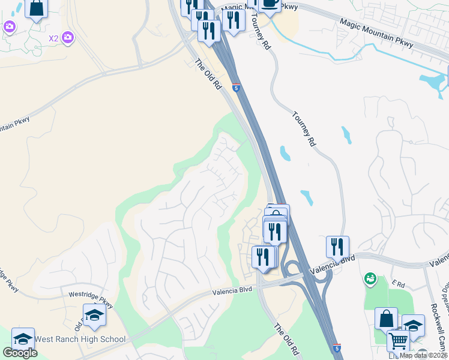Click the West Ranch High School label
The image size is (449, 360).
[x=80, y=340]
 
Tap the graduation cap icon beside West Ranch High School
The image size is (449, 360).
[x=23, y=338]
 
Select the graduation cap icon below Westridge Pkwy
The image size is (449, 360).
[x=94, y=315]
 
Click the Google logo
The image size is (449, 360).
[x=20, y=353]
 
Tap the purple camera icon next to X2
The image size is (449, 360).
[x=68, y=38]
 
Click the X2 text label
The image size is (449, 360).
[x=54, y=38]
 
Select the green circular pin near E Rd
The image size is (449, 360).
[x=370, y=278]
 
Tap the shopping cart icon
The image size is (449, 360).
[x=398, y=341]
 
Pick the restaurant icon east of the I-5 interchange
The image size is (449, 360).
[x=337, y=247]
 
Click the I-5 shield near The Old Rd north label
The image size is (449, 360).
[x=237, y=88]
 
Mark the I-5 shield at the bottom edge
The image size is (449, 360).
[x=337, y=348]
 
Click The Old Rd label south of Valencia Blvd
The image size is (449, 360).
[x=286, y=338]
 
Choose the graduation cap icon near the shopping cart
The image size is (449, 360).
[x=413, y=325]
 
